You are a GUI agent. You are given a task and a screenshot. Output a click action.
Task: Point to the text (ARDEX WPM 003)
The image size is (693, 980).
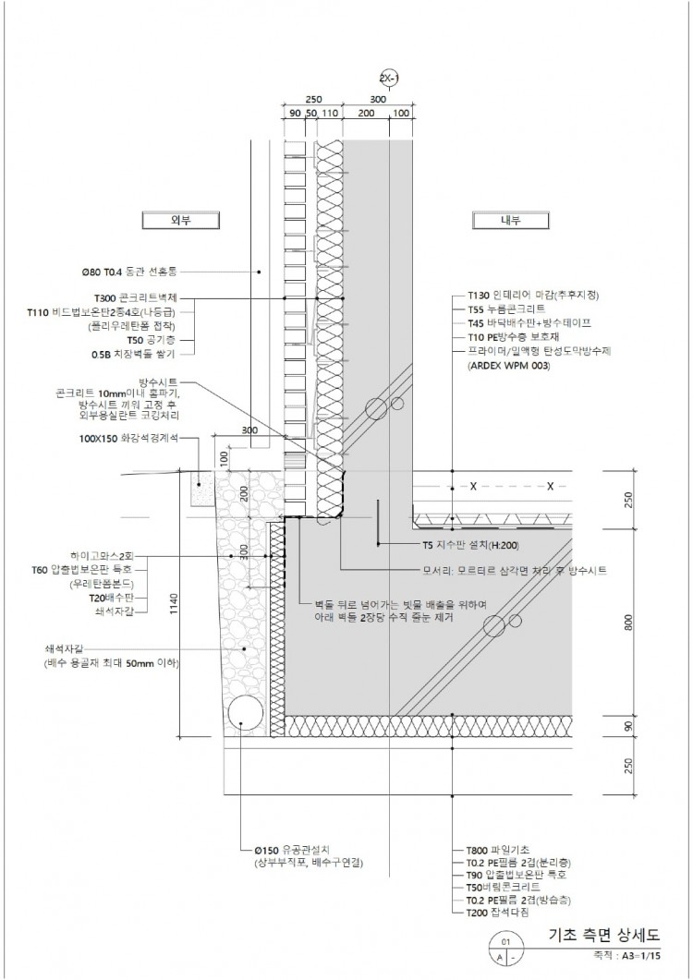pyautogui.click(x=509, y=366)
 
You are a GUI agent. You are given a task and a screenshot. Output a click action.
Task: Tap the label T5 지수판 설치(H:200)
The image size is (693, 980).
pyautogui.click(x=468, y=544)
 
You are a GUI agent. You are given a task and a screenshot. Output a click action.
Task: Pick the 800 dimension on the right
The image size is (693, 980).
pyautogui.click(x=628, y=623)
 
